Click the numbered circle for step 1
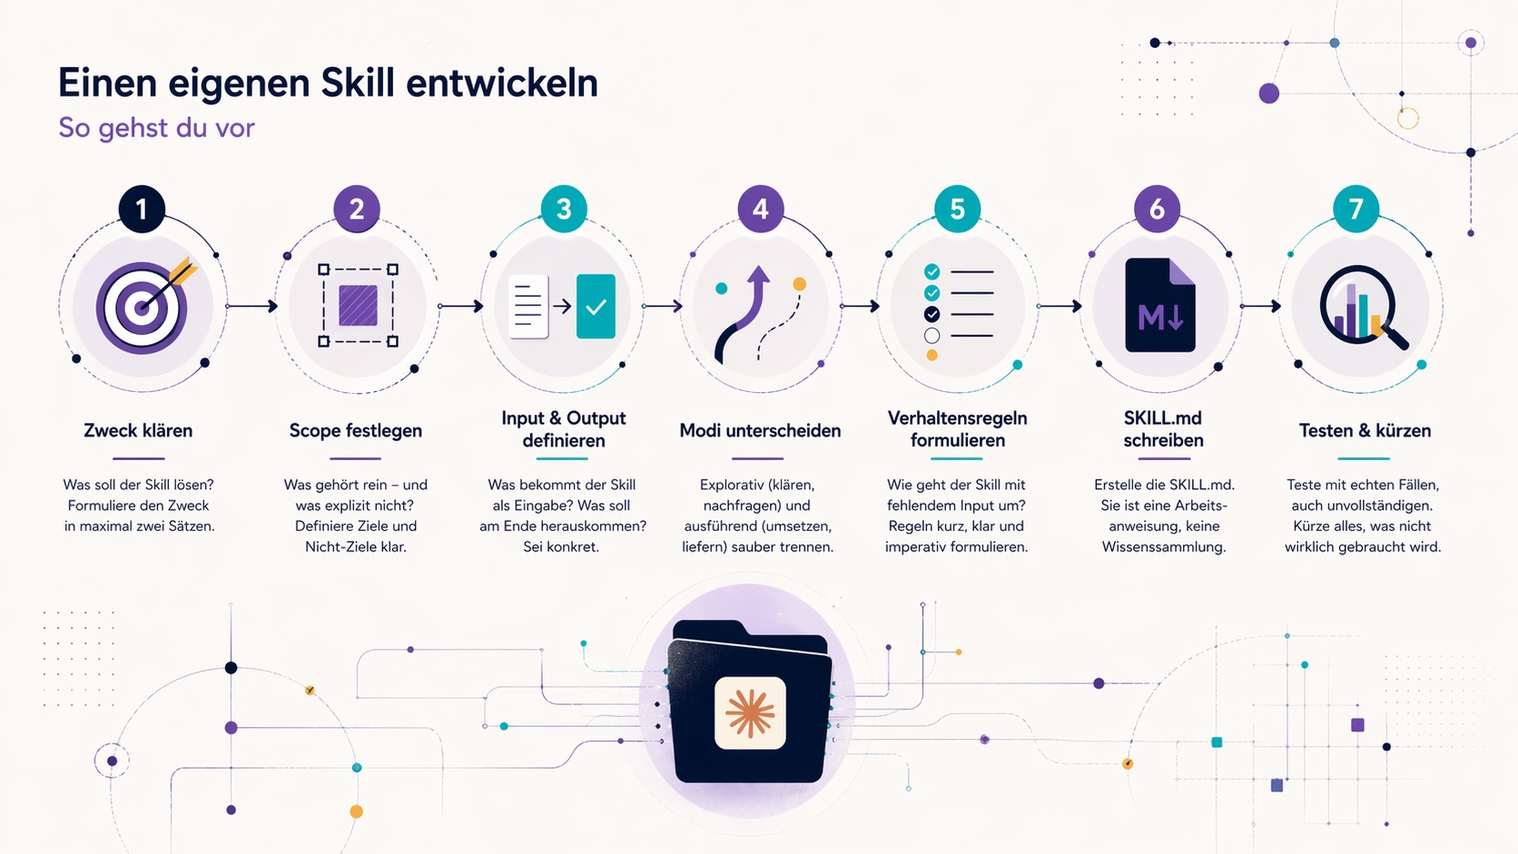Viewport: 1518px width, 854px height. click(142, 210)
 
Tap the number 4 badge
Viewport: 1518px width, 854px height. click(760, 210)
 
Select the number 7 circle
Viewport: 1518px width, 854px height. click(1355, 210)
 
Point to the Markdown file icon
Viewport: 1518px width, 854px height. click(1160, 306)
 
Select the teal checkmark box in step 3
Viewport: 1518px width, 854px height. click(596, 306)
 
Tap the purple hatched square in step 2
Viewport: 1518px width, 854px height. click(358, 306)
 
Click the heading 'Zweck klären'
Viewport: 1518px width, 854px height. click(138, 431)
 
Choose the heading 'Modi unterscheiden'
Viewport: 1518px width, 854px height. click(760, 431)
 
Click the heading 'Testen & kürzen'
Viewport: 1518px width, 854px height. click(1365, 431)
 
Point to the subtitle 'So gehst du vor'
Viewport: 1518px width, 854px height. click(156, 127)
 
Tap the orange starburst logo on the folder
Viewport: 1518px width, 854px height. click(750, 713)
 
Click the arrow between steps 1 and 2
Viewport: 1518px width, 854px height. click(252, 306)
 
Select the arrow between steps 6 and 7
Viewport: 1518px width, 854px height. click(1261, 306)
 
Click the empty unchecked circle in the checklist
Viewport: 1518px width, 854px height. click(931, 335)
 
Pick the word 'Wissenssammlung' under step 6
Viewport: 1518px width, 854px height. click(1164, 546)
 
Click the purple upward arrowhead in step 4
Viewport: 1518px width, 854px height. click(758, 274)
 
